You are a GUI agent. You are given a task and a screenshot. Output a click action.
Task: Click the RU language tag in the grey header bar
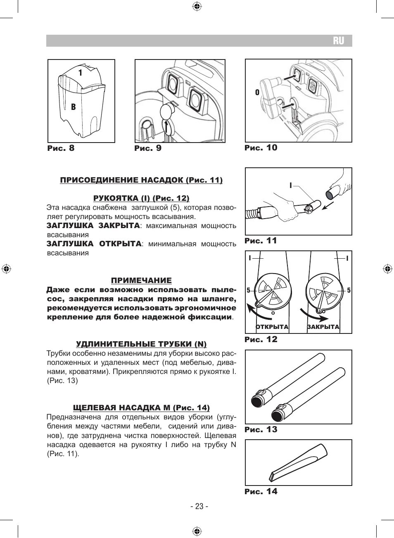(338, 41)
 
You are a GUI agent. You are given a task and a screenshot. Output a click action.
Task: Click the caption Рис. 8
(61, 148)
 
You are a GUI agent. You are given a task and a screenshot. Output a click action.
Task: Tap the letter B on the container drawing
(73, 107)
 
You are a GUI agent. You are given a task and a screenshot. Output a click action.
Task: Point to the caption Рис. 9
(148, 148)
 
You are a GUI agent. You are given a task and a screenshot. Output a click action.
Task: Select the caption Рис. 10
(261, 148)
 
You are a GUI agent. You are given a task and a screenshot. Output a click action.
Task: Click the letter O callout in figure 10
(257, 93)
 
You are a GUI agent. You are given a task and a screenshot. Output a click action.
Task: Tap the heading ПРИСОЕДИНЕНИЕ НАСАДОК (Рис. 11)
(141, 180)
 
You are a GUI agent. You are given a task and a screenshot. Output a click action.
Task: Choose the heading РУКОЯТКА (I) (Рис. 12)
(141, 198)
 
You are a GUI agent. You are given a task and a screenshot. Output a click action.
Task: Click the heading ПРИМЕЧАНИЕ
(141, 281)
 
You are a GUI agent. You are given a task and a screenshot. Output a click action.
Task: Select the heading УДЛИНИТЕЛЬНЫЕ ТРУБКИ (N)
(141, 344)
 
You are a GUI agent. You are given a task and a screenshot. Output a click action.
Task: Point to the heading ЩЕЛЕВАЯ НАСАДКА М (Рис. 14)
(141, 408)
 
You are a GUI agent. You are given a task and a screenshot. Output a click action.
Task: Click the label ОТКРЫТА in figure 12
(272, 327)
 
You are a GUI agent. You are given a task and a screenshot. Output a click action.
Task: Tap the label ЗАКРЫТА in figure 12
(323, 327)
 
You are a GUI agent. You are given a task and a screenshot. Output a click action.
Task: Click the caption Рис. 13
(261, 430)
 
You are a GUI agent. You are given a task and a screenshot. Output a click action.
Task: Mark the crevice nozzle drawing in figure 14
(298, 462)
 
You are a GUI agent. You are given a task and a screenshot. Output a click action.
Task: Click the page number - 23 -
(199, 507)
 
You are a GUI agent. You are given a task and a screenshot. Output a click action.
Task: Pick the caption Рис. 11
(261, 241)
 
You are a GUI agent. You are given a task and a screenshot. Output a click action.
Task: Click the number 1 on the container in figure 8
(80, 73)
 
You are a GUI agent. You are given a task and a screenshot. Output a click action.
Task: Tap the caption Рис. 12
(261, 340)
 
